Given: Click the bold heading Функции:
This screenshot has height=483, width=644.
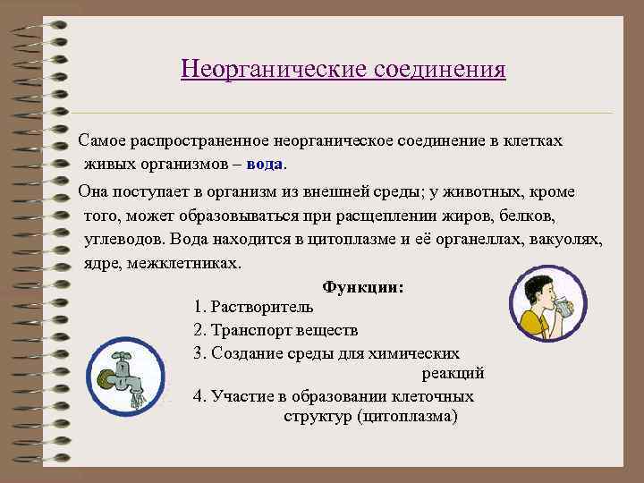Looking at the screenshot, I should [362, 289].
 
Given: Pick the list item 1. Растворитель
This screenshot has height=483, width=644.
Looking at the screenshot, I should [253, 309].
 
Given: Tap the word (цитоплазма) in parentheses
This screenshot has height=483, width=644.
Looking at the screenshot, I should [406, 417].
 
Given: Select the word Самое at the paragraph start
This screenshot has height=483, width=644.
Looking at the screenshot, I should [104, 142].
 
